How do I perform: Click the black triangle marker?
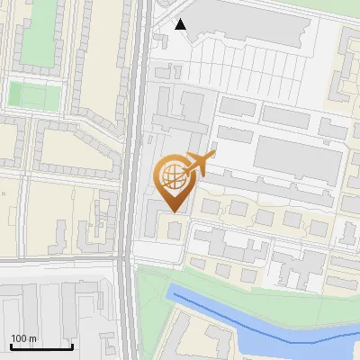pos(181,24)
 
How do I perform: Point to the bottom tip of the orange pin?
pos(173,211)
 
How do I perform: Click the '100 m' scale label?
pos(23,338)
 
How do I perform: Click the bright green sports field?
pos(27,94)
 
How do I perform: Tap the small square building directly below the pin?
pos(174,230)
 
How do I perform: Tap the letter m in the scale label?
pos(32,338)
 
